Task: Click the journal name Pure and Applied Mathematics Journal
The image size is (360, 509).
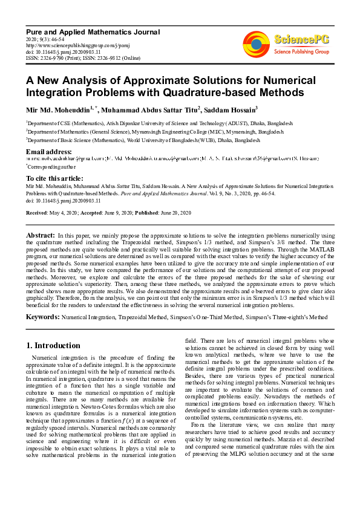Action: coord(93,31)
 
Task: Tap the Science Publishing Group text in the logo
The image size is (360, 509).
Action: coord(301,52)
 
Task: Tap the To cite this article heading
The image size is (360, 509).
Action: coord(54,178)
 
